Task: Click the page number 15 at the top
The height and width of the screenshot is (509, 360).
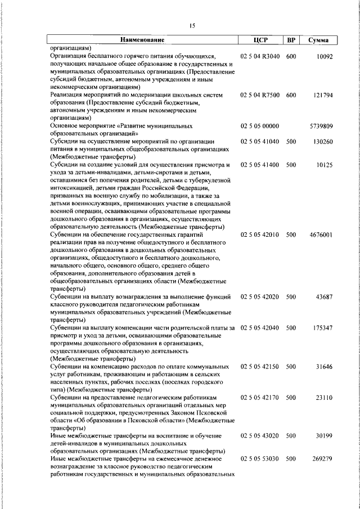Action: pos(192,25)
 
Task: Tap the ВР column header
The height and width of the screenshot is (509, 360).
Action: pos(291,40)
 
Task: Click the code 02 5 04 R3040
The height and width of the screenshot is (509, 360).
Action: pos(259,57)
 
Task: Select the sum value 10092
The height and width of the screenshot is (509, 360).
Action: pos(325,57)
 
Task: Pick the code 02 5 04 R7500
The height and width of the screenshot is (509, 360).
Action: pos(259,96)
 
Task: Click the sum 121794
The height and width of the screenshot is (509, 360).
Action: pos(323,96)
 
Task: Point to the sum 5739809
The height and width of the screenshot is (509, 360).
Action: pos(322,127)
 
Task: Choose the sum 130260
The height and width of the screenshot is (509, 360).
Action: pos(323,142)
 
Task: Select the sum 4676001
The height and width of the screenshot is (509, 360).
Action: pos(322,234)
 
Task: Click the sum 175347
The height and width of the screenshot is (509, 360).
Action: pos(323,327)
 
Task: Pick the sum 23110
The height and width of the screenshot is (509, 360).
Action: pos(325,397)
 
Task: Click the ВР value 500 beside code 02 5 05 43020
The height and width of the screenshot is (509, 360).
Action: pos(291,435)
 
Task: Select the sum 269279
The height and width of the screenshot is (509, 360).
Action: pos(323,458)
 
